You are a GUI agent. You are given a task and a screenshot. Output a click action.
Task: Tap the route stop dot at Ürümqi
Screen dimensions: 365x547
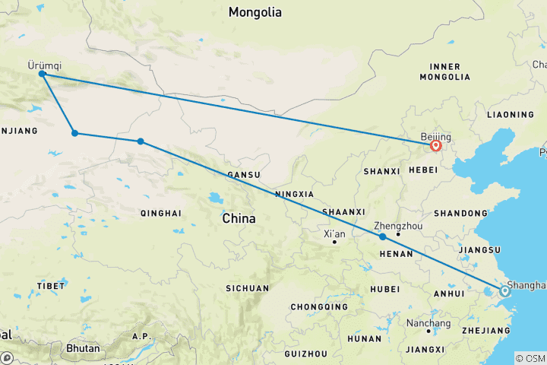point(43,75)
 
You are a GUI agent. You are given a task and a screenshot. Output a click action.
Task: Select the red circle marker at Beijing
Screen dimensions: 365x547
point(436,145)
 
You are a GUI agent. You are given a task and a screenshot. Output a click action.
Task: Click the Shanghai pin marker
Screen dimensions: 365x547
point(504,290)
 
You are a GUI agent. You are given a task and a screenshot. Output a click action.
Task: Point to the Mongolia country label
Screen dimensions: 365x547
point(255,12)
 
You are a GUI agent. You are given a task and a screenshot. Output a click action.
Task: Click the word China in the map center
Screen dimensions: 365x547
point(239,218)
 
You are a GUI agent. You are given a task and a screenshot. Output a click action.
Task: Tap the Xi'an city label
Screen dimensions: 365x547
point(334,233)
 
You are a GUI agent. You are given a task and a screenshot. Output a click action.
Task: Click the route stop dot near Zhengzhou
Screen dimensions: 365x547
point(383,236)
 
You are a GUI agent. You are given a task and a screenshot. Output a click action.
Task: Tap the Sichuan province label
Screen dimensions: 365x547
point(247,288)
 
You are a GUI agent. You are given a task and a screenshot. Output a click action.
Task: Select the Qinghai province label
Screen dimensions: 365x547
point(161,213)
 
